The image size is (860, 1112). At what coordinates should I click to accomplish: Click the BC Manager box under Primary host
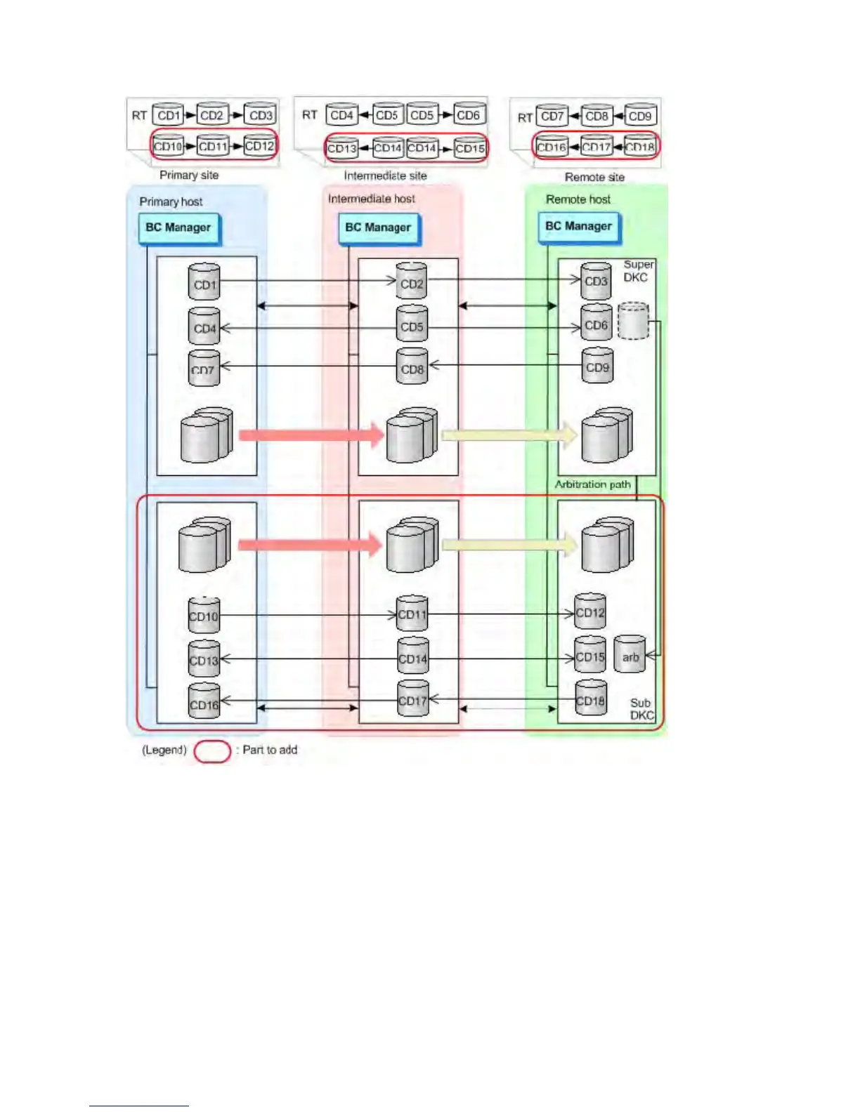(x=178, y=228)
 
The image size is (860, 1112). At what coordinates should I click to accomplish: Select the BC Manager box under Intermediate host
(x=378, y=228)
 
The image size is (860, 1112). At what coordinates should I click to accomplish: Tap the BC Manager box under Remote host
(x=578, y=227)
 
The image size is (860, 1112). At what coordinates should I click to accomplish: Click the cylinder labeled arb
(x=630, y=654)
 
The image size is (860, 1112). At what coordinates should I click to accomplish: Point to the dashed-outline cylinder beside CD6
(x=632, y=322)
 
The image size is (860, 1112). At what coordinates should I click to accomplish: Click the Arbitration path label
(x=592, y=484)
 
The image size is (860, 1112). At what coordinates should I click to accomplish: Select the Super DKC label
(x=637, y=271)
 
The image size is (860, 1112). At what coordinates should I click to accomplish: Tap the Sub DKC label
(x=641, y=709)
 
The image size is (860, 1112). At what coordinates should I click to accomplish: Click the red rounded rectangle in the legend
(x=212, y=750)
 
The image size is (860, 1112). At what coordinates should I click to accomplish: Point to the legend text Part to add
(x=270, y=750)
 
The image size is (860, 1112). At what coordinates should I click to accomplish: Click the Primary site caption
(x=189, y=175)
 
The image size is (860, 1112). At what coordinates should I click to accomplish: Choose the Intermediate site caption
(x=385, y=176)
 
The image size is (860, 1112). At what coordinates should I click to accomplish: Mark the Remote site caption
(x=594, y=177)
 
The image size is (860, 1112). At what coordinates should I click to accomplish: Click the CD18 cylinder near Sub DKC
(x=590, y=698)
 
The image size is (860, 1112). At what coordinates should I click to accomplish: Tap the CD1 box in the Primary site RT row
(x=169, y=115)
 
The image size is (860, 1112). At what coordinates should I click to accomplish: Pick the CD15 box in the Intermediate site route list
(x=469, y=148)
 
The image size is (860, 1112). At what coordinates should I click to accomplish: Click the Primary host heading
(x=171, y=201)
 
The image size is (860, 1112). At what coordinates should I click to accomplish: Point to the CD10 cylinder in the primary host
(x=204, y=615)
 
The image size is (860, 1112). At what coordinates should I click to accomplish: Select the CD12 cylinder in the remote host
(x=589, y=611)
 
